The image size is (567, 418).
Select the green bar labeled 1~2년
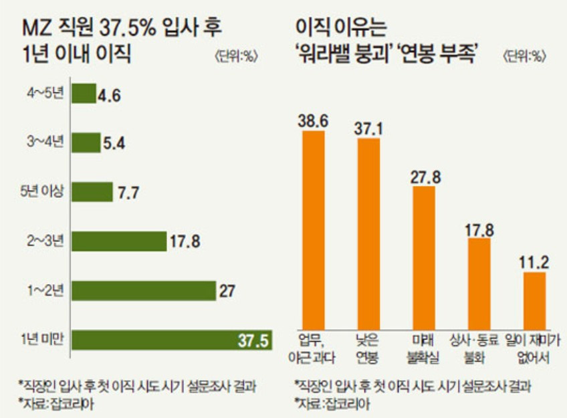click(x=142, y=290)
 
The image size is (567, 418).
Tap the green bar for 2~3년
click(x=118, y=241)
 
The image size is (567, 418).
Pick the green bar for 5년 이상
click(x=92, y=192)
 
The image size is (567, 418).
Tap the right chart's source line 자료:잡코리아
click(x=332, y=403)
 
